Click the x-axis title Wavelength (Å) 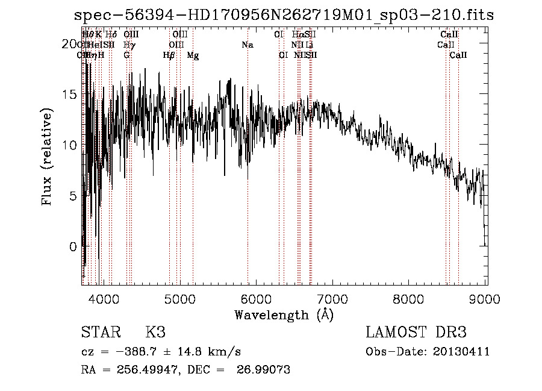tap(284, 314)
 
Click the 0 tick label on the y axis tap(73, 246)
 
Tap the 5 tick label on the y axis tap(73, 196)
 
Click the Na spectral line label tap(248, 45)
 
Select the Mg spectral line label tap(193, 55)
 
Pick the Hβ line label tap(169, 55)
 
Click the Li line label tap(310, 45)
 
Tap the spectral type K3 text tap(155, 333)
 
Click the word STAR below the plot tap(100, 333)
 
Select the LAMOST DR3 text tap(416, 333)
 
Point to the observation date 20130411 tap(463, 352)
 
